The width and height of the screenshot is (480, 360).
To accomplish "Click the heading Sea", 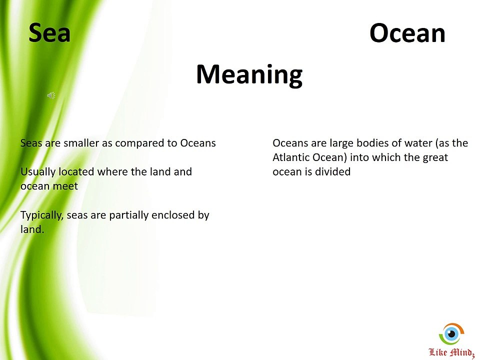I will (x=49, y=33).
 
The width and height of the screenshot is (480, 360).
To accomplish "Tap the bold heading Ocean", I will (x=407, y=33).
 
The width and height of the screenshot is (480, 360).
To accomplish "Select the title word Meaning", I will (x=249, y=75).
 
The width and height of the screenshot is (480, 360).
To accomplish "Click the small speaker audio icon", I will (x=51, y=95).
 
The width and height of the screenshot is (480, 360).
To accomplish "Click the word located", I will (x=76, y=172).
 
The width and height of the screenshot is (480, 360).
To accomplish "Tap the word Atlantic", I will (x=290, y=157).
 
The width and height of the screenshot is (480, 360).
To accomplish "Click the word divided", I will (x=332, y=172).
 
